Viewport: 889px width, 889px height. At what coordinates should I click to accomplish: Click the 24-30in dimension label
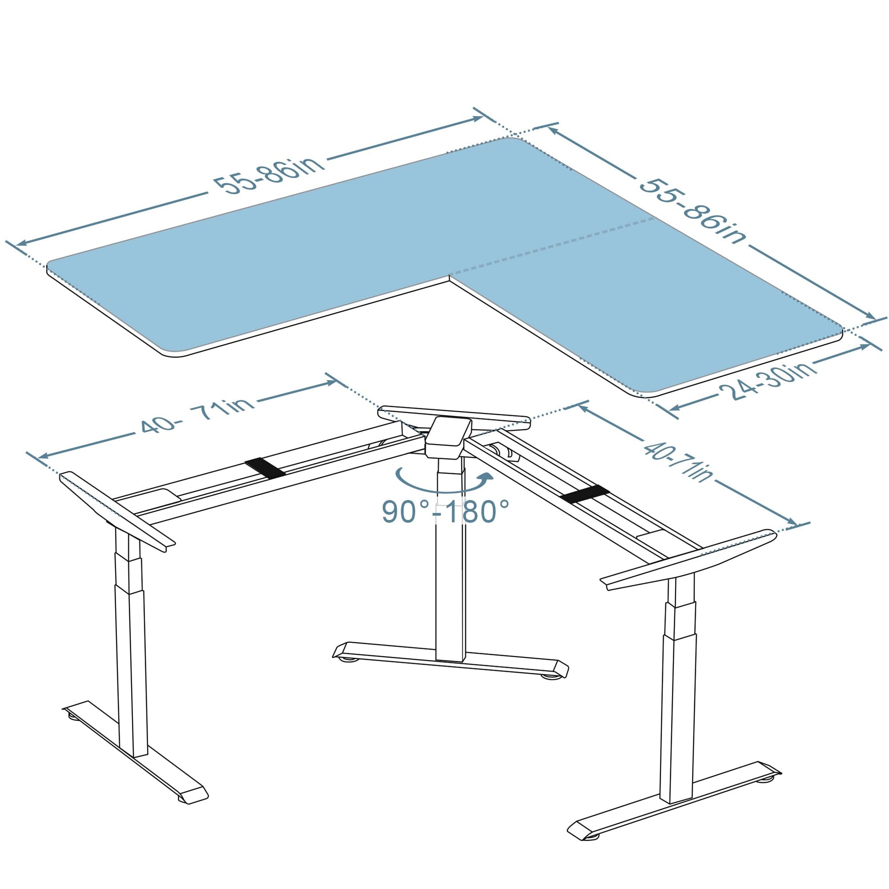[x=767, y=381]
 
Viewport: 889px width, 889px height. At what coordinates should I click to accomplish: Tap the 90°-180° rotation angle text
[x=446, y=512]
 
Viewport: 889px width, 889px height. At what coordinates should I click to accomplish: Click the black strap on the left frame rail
[x=265, y=466]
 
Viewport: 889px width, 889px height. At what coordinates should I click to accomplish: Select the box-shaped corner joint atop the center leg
[x=448, y=437]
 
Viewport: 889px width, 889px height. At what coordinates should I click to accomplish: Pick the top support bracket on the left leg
[x=117, y=511]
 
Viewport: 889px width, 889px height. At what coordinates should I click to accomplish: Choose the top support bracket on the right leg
[x=688, y=560]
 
